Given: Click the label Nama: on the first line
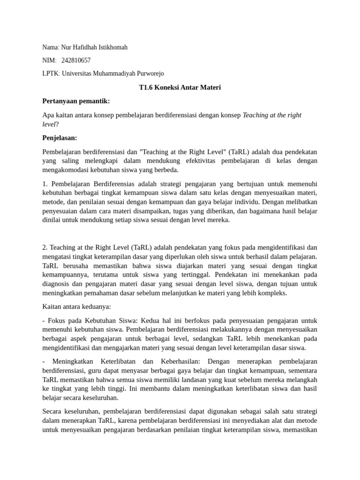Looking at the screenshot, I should click(x=51, y=47).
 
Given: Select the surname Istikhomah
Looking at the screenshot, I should click(x=110, y=47).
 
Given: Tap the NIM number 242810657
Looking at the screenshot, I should click(x=76, y=60).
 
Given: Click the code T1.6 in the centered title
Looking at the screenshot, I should click(x=148, y=87).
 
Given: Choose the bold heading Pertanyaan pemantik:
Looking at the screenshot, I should click(x=76, y=101).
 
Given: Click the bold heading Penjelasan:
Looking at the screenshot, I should click(x=60, y=138).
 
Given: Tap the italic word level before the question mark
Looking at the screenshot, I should click(x=49, y=124).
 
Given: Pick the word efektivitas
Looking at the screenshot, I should click(x=195, y=161).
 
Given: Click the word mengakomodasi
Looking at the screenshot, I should click(x=67, y=170).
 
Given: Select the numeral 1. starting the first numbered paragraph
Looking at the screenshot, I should click(x=45, y=183).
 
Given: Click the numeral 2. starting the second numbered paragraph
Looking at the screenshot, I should click(x=45, y=247).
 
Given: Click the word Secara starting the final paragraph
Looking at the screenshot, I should click(x=52, y=412).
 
